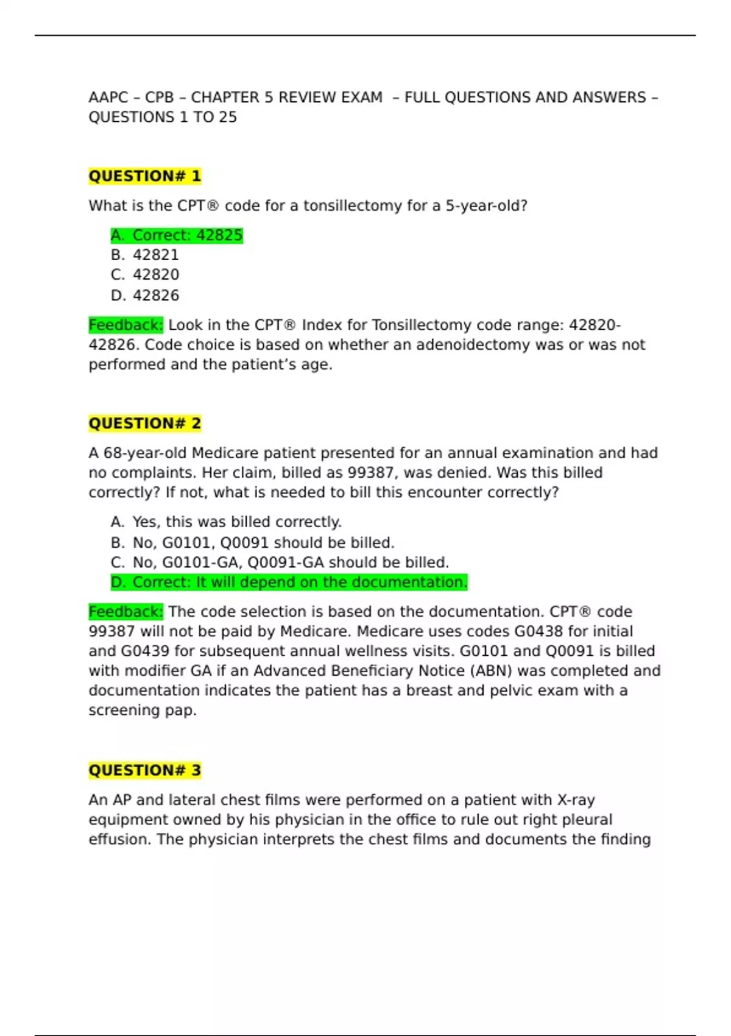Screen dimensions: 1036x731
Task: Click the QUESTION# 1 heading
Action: click(144, 176)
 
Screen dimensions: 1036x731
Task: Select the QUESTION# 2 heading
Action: click(144, 423)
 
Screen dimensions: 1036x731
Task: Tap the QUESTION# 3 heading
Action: click(144, 770)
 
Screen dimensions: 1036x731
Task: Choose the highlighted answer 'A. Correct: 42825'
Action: click(177, 235)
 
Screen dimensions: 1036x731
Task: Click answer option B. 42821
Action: click(145, 255)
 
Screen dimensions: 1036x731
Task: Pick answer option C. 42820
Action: click(145, 275)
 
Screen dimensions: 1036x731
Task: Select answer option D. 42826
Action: click(145, 296)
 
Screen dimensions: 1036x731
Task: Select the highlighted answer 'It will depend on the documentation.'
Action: click(289, 583)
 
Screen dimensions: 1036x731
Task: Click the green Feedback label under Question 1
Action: click(125, 325)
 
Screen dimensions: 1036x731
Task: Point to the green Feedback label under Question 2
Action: click(125, 612)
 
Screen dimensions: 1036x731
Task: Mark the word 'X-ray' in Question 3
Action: click(576, 800)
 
